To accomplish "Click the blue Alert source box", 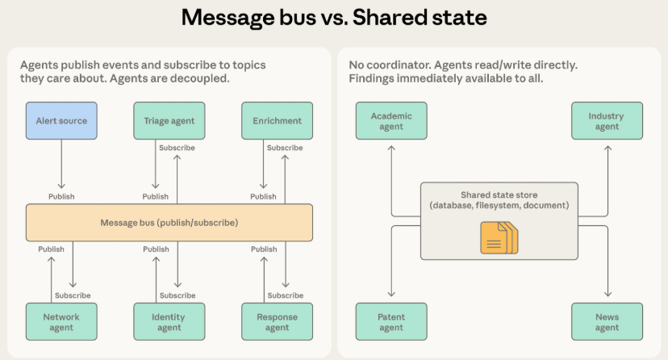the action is (61, 120).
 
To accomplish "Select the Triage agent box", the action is (169, 120).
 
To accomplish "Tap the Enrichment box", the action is (277, 120).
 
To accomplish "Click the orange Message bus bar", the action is (169, 223).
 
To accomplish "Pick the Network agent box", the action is (61, 321).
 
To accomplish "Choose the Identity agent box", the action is (169, 321).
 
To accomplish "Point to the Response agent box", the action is (277, 321).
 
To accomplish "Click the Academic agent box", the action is (391, 120).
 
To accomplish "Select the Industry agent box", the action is (607, 120).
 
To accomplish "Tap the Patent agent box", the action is (391, 321).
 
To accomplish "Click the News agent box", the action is (607, 321).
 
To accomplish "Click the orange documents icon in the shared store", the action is (499, 238).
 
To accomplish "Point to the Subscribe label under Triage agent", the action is (177, 148).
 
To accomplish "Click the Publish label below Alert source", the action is (61, 196).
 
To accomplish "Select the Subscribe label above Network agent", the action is (73, 295).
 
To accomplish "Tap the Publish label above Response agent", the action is (264, 249).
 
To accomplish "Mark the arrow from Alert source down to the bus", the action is (61, 164).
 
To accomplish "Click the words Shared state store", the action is (499, 195).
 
